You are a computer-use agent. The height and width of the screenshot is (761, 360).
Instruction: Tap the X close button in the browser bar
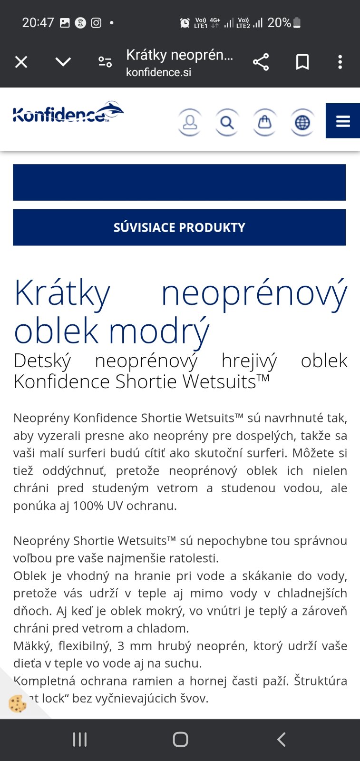21,62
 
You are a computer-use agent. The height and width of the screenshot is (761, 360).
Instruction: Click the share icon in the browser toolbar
261,62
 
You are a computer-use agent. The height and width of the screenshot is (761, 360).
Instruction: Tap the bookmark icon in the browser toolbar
302,62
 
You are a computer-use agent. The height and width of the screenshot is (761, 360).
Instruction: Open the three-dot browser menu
340,62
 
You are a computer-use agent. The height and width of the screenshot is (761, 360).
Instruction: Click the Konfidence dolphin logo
68,113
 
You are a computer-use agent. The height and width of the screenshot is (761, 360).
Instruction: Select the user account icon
190,122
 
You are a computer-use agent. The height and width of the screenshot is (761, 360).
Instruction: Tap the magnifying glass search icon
227,122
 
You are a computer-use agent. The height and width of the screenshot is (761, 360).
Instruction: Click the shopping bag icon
265,122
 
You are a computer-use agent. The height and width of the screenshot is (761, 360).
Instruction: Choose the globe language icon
302,122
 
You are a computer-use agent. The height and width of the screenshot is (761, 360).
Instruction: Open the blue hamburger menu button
342,121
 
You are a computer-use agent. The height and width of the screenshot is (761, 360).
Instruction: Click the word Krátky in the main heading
62,293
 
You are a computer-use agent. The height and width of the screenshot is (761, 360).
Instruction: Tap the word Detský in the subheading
42,361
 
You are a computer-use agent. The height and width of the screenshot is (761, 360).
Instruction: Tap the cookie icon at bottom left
18,703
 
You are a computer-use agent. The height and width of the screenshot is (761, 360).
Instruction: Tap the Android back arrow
281,739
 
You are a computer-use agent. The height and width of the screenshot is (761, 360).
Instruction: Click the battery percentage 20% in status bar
279,22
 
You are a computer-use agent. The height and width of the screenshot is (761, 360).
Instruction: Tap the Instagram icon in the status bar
96,22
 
